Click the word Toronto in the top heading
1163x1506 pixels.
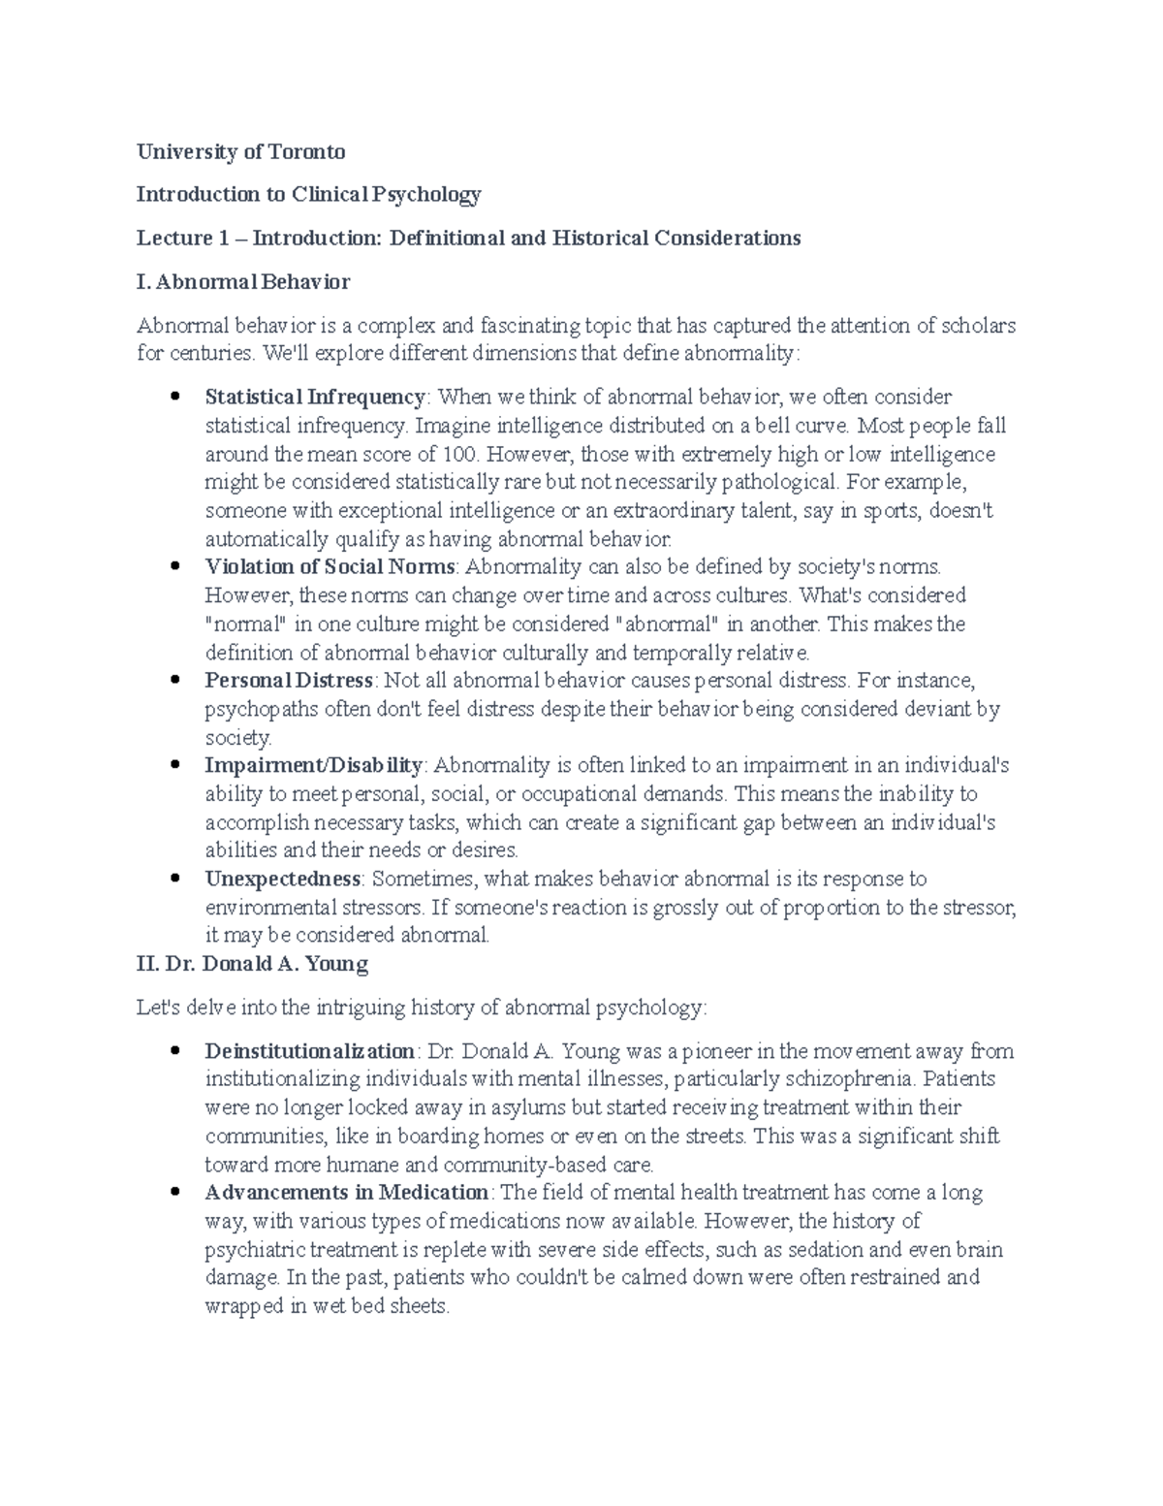(x=308, y=152)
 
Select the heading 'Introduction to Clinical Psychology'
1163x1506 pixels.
(x=308, y=195)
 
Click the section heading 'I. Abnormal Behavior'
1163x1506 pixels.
(x=243, y=282)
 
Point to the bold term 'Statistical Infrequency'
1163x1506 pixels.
(x=314, y=397)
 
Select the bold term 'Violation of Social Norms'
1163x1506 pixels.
(x=330, y=566)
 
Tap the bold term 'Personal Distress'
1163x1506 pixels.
(x=288, y=681)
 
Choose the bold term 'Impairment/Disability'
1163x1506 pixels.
(x=313, y=765)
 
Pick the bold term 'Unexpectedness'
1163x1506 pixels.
(x=282, y=880)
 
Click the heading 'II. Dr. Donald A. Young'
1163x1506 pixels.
(x=252, y=965)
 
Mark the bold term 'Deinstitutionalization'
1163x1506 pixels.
(x=309, y=1051)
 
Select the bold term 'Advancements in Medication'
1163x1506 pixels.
(x=346, y=1193)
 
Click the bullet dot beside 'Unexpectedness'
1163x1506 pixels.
(x=174, y=880)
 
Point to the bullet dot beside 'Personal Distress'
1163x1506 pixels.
(x=174, y=681)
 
